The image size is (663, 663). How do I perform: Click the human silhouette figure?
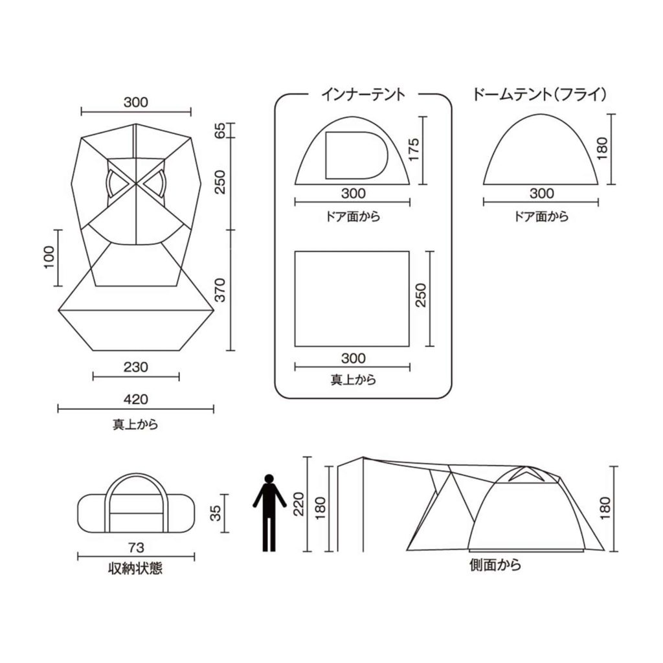[x=269, y=513]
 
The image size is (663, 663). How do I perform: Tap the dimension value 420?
[x=136, y=399]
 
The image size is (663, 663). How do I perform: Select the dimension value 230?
[x=136, y=366]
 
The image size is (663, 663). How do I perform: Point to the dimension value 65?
[x=220, y=130]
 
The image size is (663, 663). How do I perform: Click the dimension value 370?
[x=220, y=290]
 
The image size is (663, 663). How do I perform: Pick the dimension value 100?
[x=49, y=258]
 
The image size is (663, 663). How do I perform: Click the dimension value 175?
[x=413, y=149]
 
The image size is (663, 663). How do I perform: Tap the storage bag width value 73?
[x=136, y=548]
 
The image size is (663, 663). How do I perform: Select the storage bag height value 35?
[x=216, y=513]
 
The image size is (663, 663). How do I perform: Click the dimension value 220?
[x=299, y=504]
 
